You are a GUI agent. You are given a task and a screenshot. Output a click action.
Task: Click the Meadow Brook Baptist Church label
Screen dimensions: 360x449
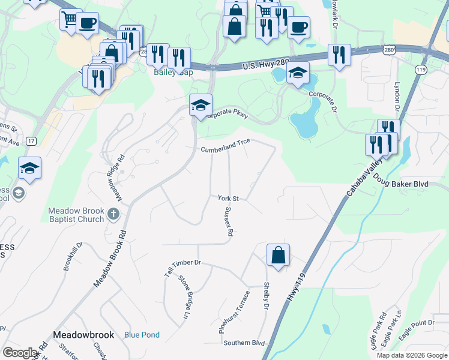coord(76,215)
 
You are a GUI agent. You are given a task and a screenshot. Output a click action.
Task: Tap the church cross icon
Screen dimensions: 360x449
coord(113,213)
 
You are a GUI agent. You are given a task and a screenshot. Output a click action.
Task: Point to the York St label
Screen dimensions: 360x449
coord(228,198)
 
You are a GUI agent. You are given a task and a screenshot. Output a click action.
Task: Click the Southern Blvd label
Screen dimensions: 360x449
coord(244,343)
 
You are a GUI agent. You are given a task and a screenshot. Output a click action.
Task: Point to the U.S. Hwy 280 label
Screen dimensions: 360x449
coord(266,64)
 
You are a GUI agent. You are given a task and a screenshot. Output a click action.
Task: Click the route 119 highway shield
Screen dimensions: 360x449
coord(420,70)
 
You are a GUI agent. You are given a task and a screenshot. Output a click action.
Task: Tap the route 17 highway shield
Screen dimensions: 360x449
coord(31,141)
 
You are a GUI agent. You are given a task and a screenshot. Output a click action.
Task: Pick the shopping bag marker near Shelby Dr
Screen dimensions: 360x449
coord(279,255)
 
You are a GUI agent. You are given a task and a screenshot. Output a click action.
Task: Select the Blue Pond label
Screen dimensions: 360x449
coord(142,335)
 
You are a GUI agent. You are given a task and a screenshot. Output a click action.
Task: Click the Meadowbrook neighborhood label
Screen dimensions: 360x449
coord(82,334)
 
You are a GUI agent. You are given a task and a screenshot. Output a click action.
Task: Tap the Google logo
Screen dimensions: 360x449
coord(20,353)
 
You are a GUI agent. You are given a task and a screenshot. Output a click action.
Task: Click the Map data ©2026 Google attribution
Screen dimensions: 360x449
coord(412,355)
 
